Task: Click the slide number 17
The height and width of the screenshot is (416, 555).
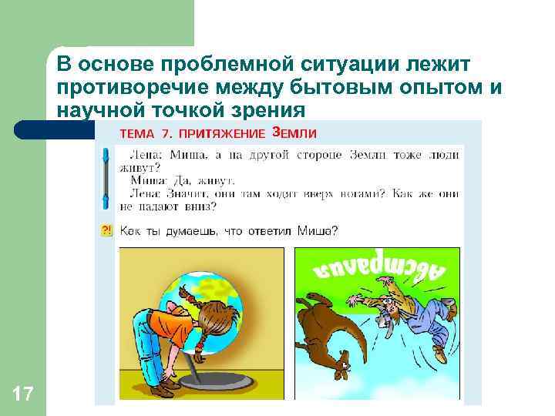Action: coord(23,395)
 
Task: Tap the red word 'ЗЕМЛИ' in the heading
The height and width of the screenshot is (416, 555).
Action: coord(294,133)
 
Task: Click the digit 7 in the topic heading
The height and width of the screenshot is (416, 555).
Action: coord(166,134)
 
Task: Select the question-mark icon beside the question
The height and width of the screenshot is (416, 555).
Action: coord(106,230)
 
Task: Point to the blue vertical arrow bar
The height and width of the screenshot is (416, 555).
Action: coord(106,179)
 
